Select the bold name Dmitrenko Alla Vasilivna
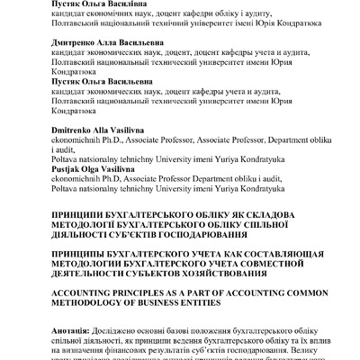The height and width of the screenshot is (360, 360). (x=98, y=130)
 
